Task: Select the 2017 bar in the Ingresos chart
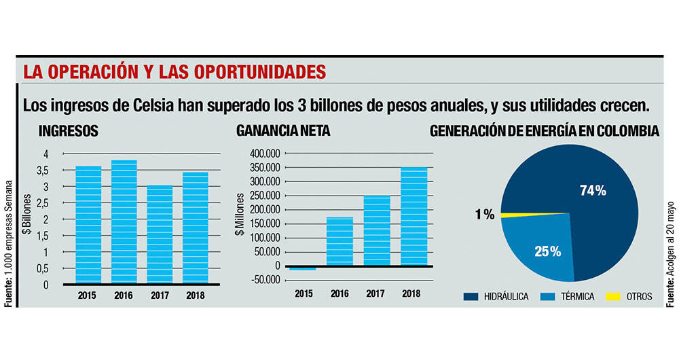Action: [160, 234]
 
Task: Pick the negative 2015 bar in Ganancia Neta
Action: [303, 269]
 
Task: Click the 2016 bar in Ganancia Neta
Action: [339, 241]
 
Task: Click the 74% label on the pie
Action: [593, 191]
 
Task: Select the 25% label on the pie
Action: [547, 252]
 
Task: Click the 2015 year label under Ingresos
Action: [87, 295]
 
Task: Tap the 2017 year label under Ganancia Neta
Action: [375, 293]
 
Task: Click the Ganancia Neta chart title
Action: [283, 131]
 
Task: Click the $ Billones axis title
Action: [26, 219]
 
